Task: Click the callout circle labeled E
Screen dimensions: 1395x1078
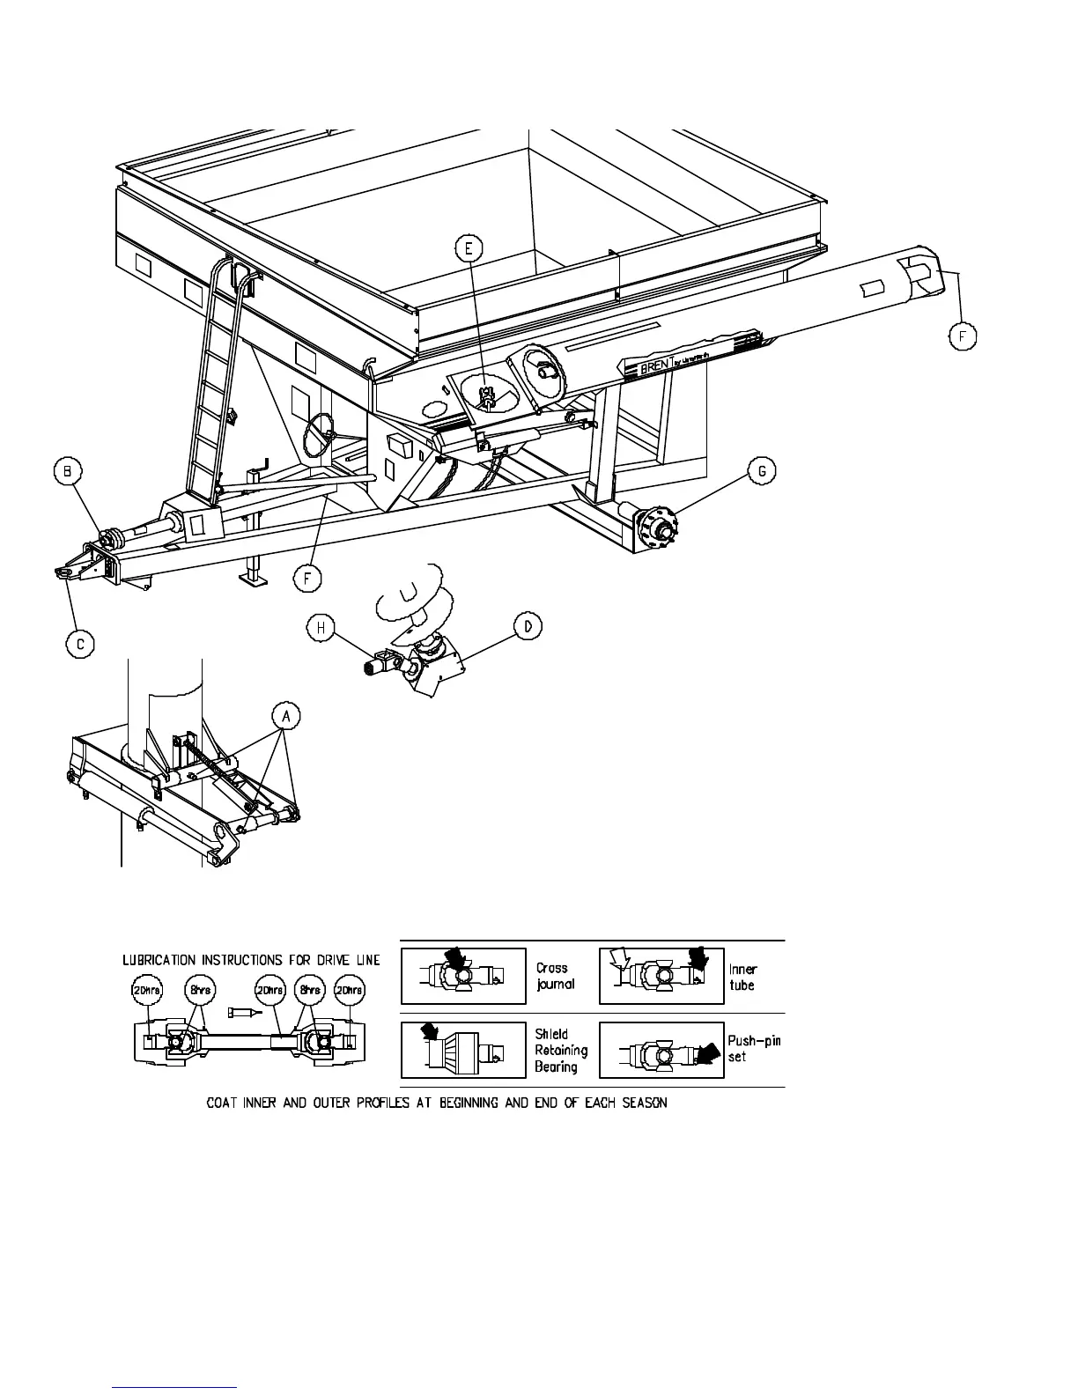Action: tap(469, 248)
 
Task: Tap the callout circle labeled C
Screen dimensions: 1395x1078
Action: tap(80, 644)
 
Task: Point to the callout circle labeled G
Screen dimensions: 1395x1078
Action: tap(762, 471)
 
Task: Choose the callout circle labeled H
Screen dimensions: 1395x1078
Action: tap(321, 627)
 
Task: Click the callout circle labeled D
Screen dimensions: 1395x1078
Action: tap(528, 627)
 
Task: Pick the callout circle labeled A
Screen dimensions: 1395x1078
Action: tap(285, 716)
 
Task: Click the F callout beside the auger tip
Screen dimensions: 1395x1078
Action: tap(964, 336)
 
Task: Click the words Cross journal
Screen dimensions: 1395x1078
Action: tap(555, 976)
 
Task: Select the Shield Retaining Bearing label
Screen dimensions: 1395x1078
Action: tap(560, 1050)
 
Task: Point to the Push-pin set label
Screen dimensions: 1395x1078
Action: tap(754, 1048)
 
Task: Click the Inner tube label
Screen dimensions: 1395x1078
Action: tap(743, 977)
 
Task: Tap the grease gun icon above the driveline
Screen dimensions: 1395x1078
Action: tap(244, 1013)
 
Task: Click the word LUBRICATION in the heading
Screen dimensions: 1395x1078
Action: tap(160, 959)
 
